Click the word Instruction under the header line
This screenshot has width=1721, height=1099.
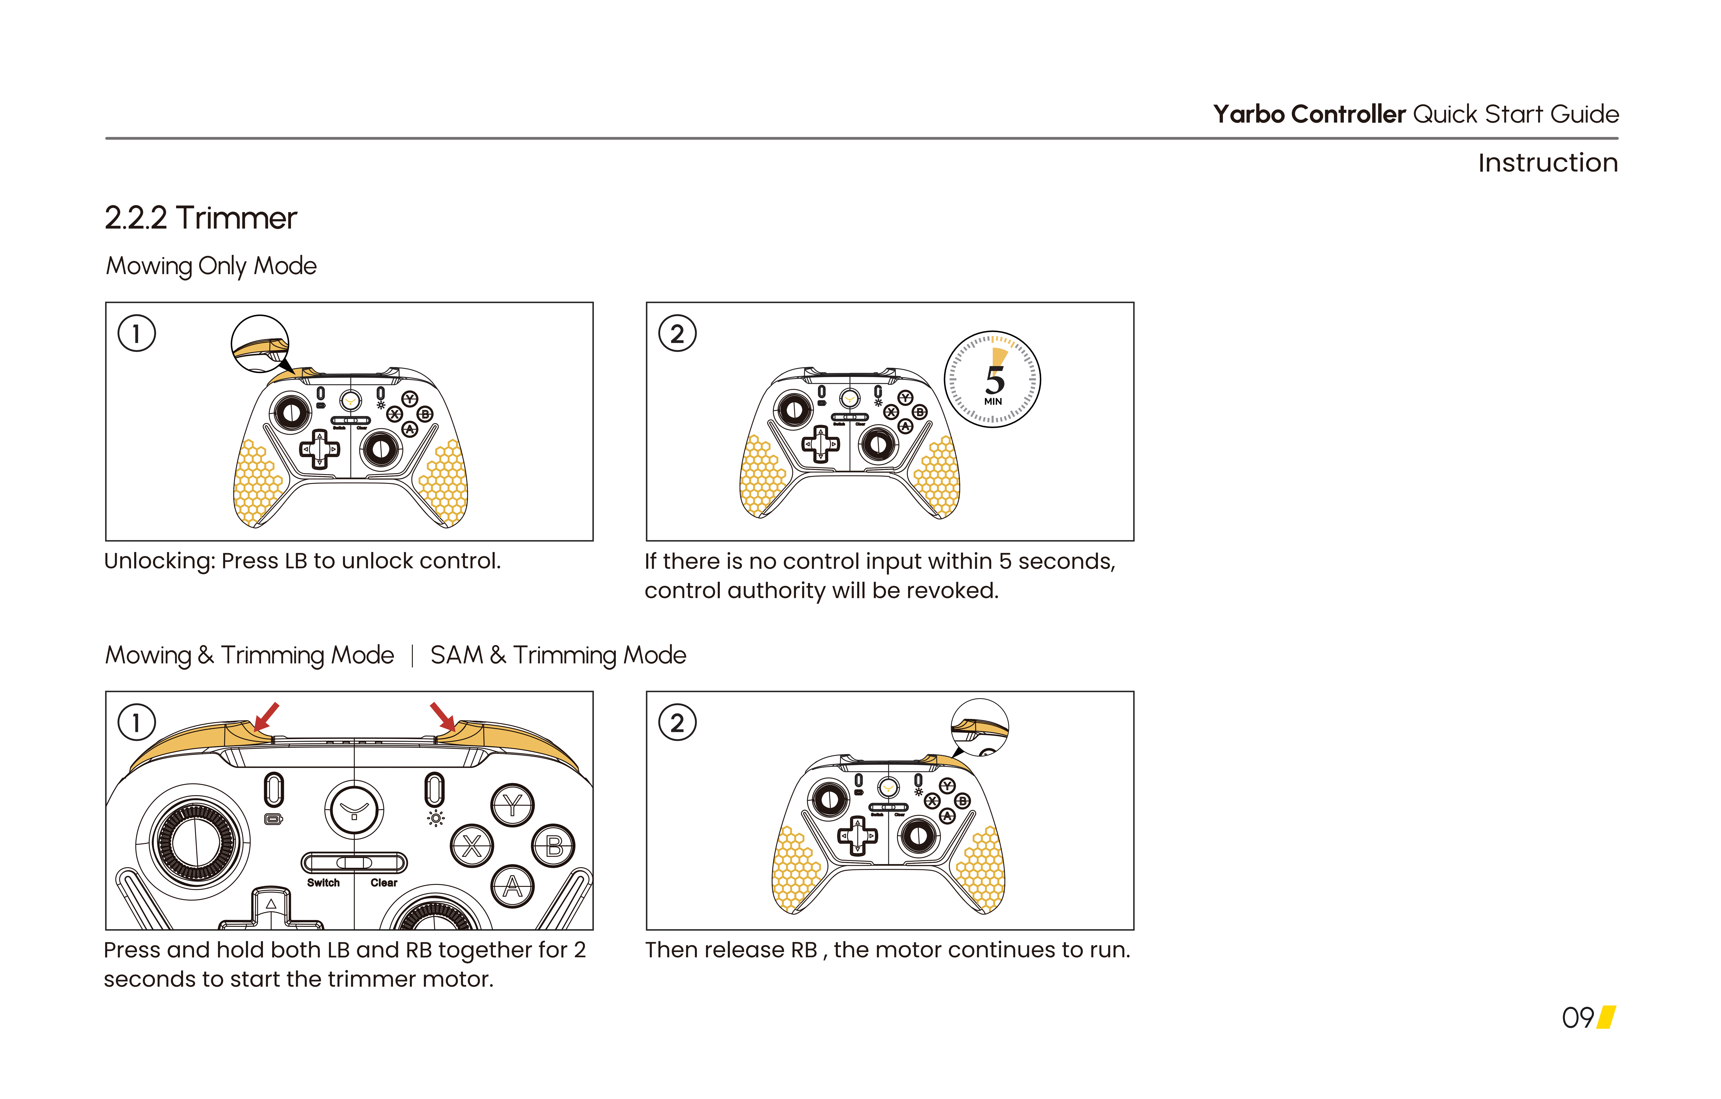coord(1547,163)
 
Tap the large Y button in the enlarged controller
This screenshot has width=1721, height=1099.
coord(512,805)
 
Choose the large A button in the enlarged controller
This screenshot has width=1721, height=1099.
coord(512,887)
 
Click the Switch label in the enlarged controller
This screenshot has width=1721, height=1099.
coord(323,883)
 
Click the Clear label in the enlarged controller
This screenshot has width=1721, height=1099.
coord(384,883)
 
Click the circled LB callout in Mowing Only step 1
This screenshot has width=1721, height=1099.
coord(260,344)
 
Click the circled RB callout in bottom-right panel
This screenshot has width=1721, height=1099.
coord(980,727)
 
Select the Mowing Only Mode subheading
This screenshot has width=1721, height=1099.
coord(211,266)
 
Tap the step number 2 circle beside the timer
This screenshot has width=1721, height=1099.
coord(677,334)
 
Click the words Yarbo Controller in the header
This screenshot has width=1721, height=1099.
coord(1309,114)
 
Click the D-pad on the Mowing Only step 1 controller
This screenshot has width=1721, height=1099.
coord(320,449)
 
